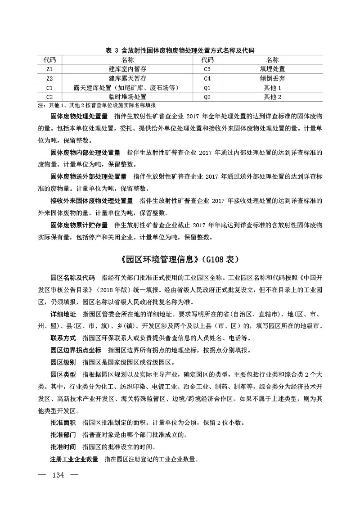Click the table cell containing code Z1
(x=49, y=69)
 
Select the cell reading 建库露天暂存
(x=128, y=78)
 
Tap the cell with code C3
(x=207, y=69)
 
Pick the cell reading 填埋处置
(x=272, y=69)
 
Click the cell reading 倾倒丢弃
(x=272, y=78)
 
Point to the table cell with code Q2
(x=207, y=97)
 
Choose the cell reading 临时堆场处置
(x=128, y=97)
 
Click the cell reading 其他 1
(x=272, y=88)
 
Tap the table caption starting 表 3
(x=180, y=50)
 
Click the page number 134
(x=59, y=475)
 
